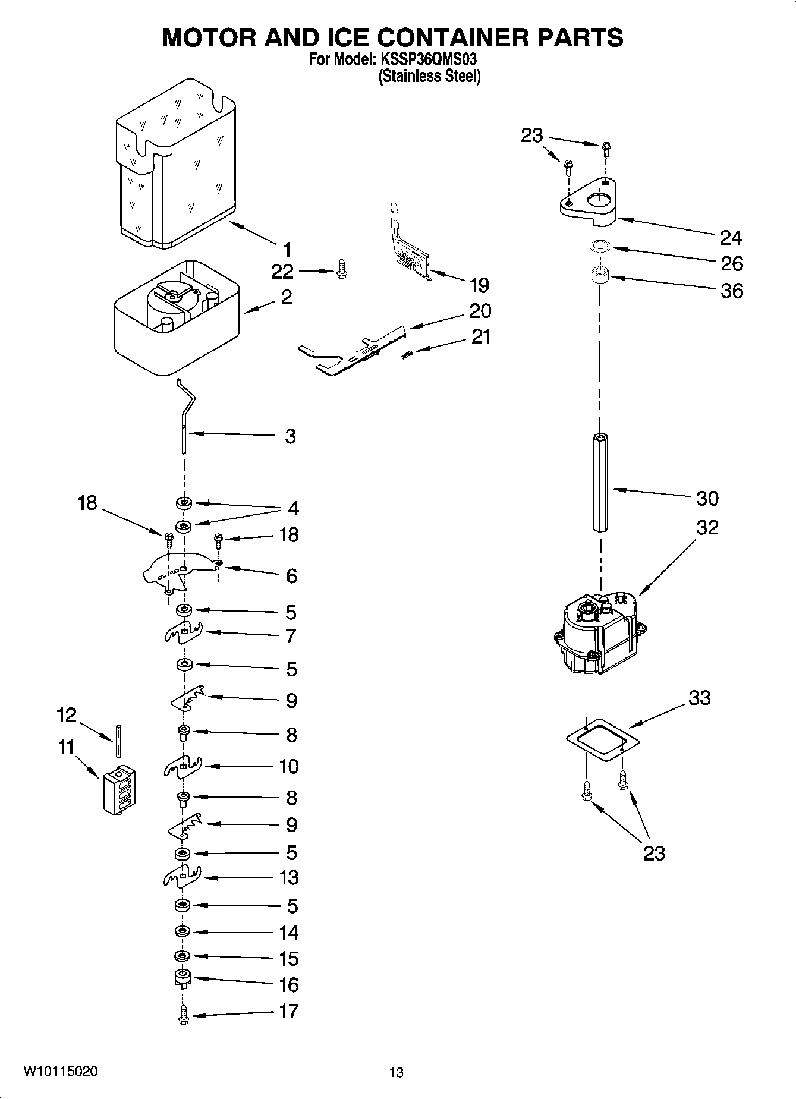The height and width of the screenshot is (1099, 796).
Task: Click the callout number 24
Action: point(731,237)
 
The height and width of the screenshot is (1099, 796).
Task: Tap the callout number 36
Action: point(731,291)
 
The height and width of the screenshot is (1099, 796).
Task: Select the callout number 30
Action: point(707,498)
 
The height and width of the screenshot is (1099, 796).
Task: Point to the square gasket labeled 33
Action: point(601,740)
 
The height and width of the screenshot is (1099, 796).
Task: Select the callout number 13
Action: point(289,877)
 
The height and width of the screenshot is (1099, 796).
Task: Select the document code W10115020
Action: point(61,1070)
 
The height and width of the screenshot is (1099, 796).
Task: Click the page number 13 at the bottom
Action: point(396,1072)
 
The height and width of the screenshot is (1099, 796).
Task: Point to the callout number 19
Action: point(479,285)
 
